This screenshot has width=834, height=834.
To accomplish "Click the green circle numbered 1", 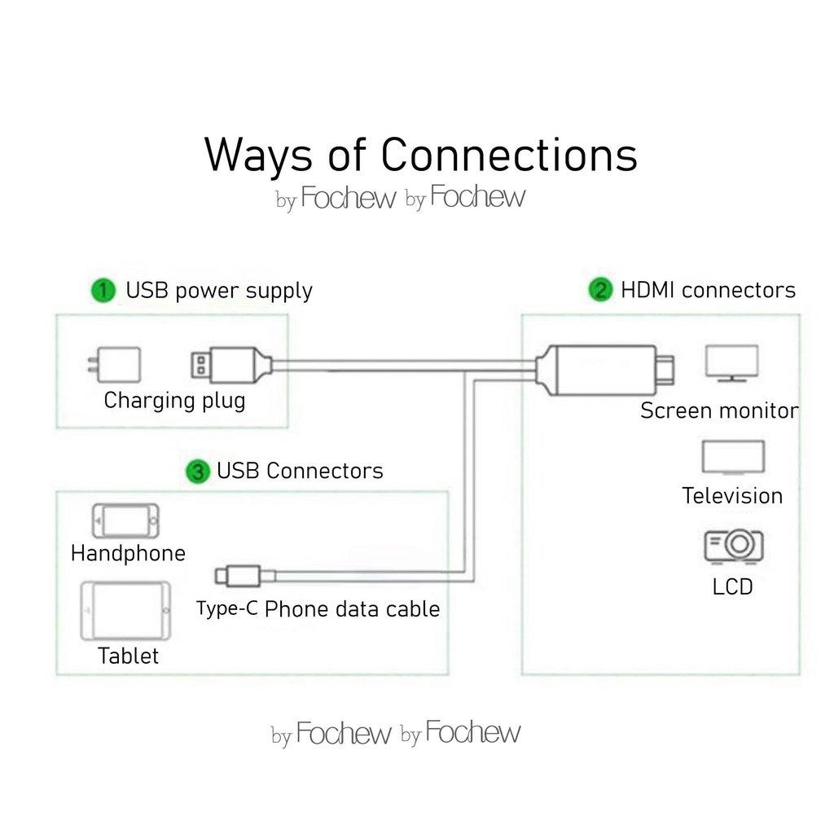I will click(x=103, y=291).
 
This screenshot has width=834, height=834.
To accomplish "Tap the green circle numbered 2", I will click(x=600, y=290).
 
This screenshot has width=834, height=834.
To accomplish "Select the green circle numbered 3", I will click(x=198, y=472).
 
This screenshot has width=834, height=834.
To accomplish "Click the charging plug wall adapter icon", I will click(x=115, y=365).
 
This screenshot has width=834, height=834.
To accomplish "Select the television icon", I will click(x=733, y=458).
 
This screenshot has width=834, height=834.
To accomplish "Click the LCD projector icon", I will click(x=733, y=545).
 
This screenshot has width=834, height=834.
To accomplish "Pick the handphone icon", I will click(x=125, y=520).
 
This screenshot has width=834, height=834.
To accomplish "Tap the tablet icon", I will click(x=125, y=611).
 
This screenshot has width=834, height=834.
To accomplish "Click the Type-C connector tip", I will click(x=222, y=576).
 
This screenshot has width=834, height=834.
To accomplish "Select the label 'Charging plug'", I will click(x=174, y=401).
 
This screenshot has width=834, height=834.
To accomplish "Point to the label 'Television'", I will click(x=732, y=496).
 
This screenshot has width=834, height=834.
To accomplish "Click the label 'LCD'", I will click(x=732, y=586).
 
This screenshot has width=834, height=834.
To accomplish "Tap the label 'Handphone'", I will click(x=128, y=554).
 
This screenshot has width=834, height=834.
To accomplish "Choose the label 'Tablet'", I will click(x=128, y=656).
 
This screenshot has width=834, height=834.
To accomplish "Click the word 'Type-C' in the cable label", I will click(x=227, y=608).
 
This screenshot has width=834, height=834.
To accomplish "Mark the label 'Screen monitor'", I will click(x=719, y=410).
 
